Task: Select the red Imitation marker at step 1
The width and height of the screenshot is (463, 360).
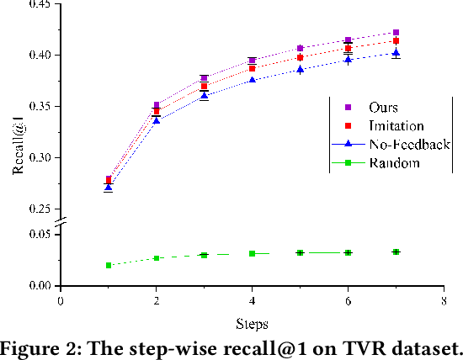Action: point(109,180)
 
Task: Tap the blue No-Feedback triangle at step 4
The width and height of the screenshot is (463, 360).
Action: point(252,80)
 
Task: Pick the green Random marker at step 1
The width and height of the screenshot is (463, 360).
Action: point(109,265)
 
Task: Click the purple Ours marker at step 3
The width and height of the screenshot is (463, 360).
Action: point(204,78)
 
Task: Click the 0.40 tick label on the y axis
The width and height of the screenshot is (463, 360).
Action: point(39,55)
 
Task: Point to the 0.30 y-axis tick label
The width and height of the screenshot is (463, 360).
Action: point(39,157)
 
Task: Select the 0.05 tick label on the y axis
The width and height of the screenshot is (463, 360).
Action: point(39,234)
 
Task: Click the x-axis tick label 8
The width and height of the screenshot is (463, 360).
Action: point(444,299)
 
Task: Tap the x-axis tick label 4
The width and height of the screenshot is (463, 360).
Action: point(252,299)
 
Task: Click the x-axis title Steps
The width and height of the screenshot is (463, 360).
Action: point(252,322)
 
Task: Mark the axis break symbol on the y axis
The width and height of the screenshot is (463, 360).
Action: point(60,221)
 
